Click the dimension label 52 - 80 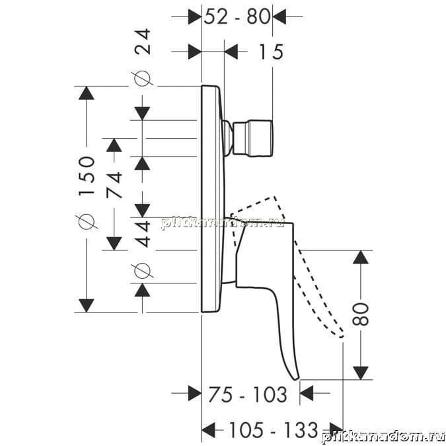(x=237, y=17)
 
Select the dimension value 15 (x=271, y=52)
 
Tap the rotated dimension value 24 (x=142, y=41)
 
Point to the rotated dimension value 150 (x=86, y=175)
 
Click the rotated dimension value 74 (x=114, y=184)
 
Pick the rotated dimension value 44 (x=142, y=233)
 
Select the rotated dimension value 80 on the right (x=360, y=314)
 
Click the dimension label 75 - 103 (x=248, y=394)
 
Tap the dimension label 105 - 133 (x=273, y=429)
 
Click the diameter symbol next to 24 (x=142, y=78)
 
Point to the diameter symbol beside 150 (x=87, y=221)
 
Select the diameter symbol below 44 (x=142, y=271)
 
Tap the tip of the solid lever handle (x=297, y=378)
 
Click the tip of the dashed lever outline (x=342, y=336)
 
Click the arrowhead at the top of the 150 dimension (x=86, y=93)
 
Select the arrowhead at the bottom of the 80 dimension (x=360, y=373)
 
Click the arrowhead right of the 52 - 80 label (x=279, y=17)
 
